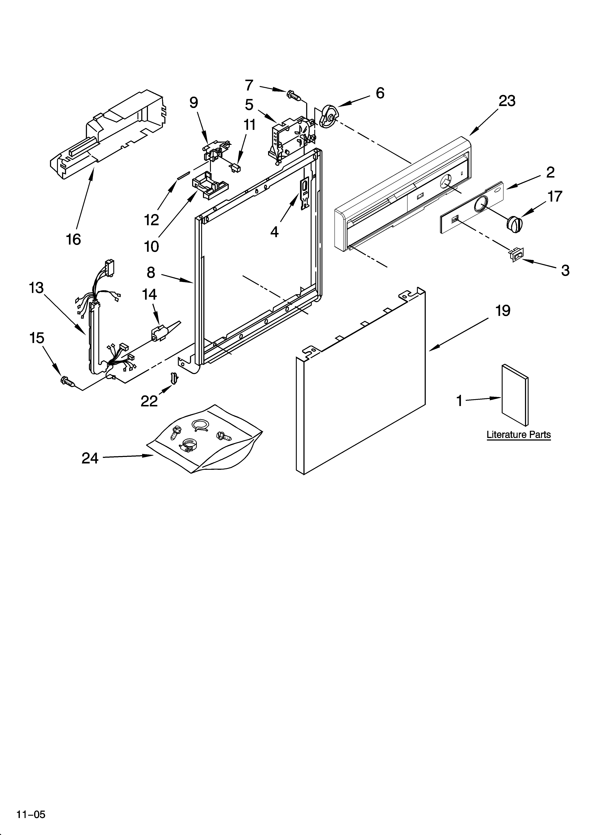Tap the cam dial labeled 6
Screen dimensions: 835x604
pyautogui.click(x=329, y=116)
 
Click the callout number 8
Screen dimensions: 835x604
pyautogui.click(x=151, y=272)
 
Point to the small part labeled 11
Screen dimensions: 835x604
pyautogui.click(x=235, y=168)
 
